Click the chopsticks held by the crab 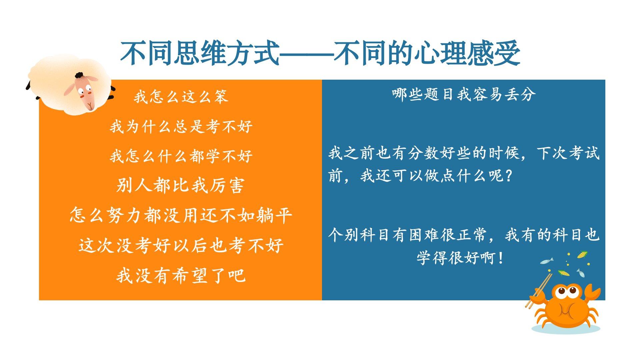pos(538,290)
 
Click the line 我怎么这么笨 pos(181,97)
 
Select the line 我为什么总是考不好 pos(181,127)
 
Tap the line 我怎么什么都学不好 pos(181,156)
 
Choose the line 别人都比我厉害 pos(180,186)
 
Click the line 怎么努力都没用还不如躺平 pos(181,215)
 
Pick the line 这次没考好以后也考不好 pos(181,245)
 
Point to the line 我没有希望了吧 pos(181,275)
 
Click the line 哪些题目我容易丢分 pos(464,94)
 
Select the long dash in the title pos(306,53)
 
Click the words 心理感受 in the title pos(467,53)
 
